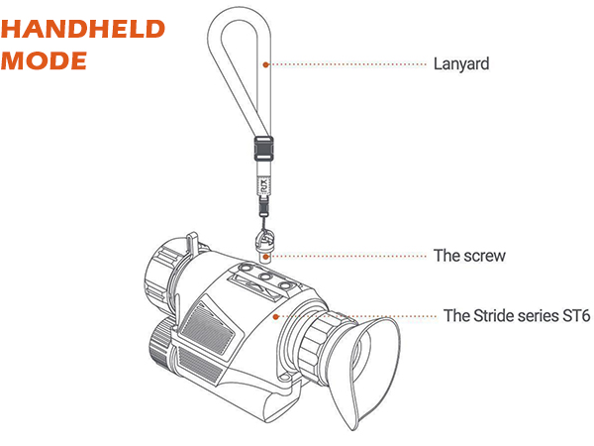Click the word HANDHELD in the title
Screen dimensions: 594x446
82,28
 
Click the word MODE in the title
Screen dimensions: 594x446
45,59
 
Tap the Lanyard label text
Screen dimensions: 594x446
461,64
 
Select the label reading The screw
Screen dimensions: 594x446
469,256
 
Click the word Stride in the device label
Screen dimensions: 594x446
491,316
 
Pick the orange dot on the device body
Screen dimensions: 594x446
278,316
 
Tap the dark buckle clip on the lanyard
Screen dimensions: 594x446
262,148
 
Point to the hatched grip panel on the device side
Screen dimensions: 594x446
209,326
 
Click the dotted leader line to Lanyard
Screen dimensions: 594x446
346,64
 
